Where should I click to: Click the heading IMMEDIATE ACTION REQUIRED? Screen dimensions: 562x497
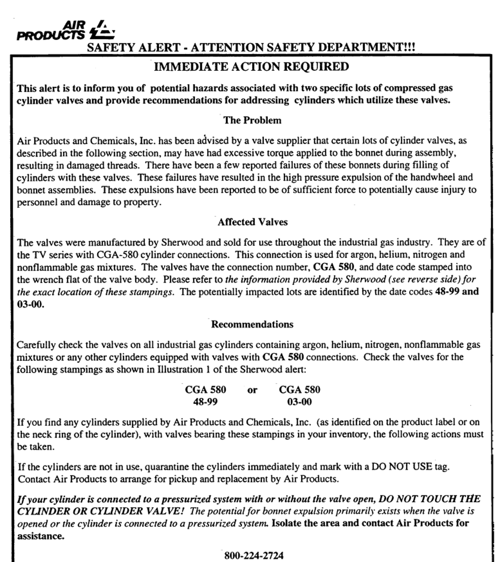click(251, 67)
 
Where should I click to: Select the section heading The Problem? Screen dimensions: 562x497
click(252, 120)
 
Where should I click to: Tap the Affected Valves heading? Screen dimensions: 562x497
click(252, 222)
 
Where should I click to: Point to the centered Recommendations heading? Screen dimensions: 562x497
click(252, 324)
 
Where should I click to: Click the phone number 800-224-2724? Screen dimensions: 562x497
click(254, 555)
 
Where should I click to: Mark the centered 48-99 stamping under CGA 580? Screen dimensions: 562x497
click(205, 402)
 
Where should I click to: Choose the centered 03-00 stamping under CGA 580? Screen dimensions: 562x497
click(299, 402)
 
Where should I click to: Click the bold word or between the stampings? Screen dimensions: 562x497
click(252, 390)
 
